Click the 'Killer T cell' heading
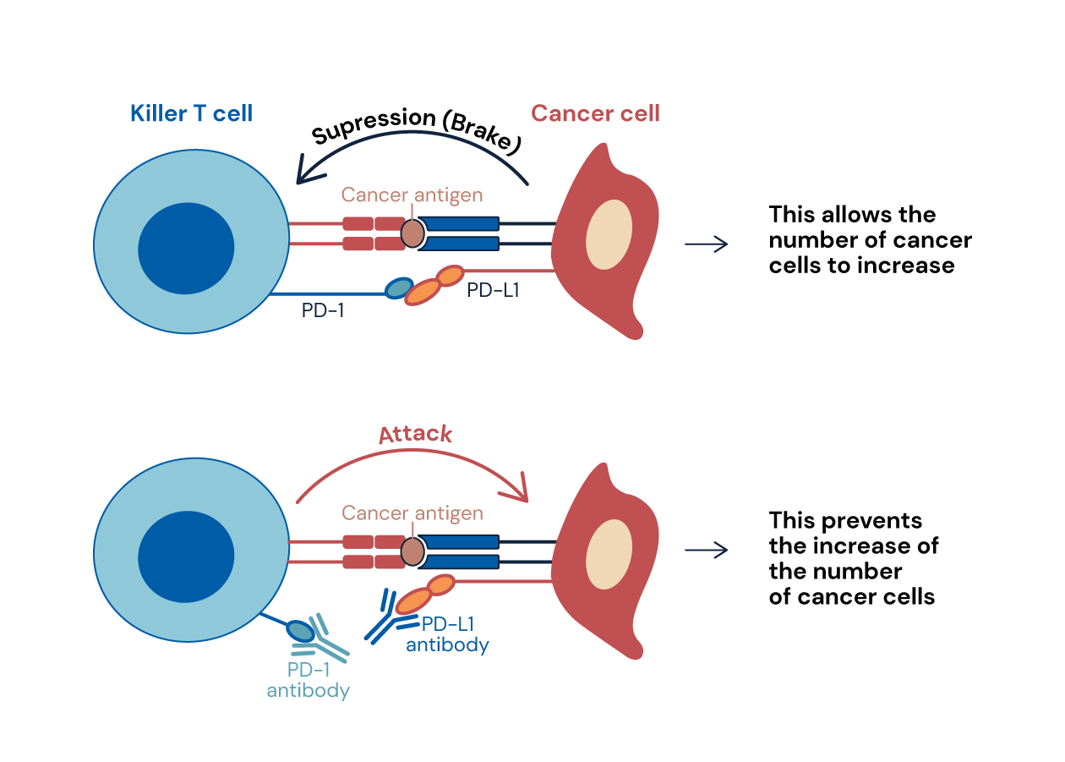point(191,113)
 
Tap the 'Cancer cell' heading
point(595,113)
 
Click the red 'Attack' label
point(415,435)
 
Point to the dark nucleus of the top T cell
point(186,249)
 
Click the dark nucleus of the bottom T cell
point(186,557)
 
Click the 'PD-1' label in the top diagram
point(323,311)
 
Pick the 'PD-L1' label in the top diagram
point(493,291)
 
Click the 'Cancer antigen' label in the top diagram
point(412,195)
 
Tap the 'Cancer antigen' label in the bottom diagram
point(412,513)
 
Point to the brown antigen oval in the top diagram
point(412,233)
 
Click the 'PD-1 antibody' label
point(308,680)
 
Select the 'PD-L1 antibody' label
point(447,634)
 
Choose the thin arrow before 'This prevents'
point(706,551)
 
